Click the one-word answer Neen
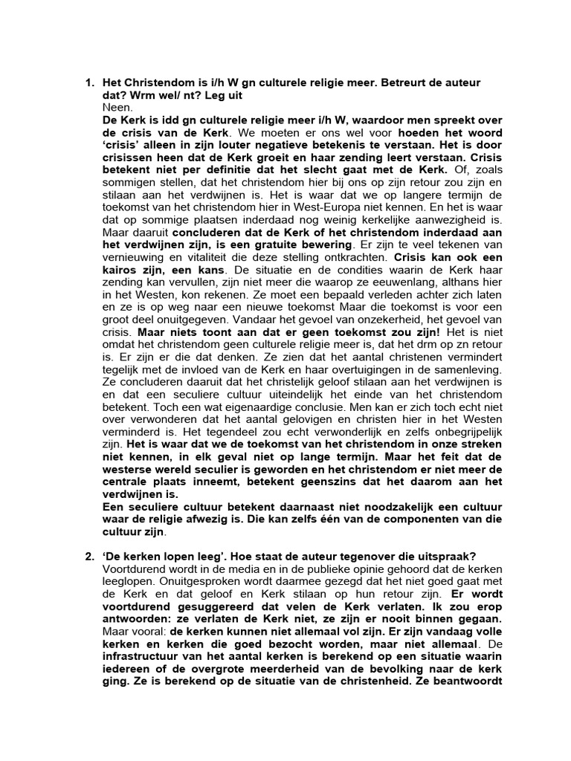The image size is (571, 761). click(x=115, y=106)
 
